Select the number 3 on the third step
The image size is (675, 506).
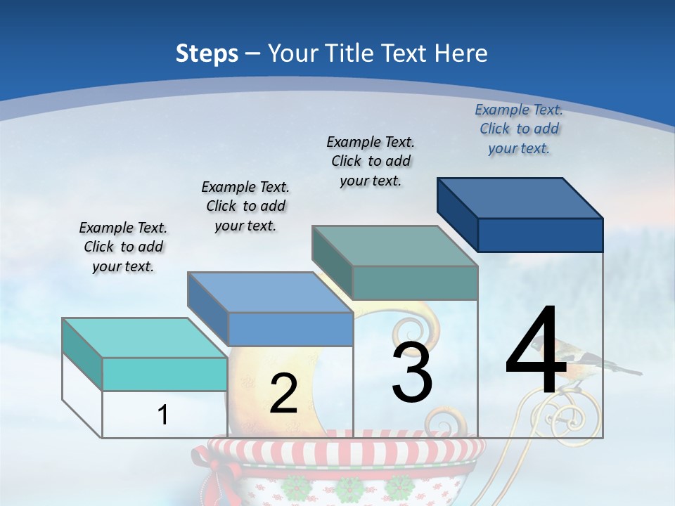412,372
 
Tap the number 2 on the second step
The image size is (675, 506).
283,394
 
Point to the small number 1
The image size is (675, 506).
162,415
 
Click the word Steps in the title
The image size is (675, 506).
207,53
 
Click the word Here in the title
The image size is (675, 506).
462,53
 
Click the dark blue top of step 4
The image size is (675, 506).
520,197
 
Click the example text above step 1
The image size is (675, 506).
123,247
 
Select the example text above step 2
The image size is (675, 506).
245,206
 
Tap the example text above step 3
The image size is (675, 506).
371,161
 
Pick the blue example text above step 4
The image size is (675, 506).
519,129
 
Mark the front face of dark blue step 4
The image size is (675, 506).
540,235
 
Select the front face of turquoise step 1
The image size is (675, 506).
165,374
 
